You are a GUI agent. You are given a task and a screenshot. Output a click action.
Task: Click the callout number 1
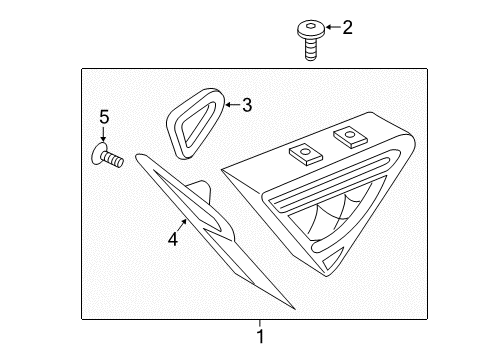tap(261, 336)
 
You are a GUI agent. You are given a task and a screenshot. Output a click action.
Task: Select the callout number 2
tap(347, 27)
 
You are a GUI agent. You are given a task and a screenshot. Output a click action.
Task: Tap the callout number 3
tap(247, 105)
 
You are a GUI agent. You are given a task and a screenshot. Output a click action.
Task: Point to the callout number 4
tap(173, 239)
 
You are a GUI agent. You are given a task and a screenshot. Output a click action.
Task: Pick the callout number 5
tap(104, 117)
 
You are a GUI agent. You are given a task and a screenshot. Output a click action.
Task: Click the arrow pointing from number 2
tap(333, 27)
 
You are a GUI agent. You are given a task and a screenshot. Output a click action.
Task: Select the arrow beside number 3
tap(233, 105)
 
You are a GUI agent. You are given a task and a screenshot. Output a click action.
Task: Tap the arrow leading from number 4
tap(182, 225)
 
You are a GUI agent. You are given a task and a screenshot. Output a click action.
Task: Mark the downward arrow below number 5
tap(104, 134)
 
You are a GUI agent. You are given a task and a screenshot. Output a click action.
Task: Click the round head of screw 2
tap(311, 29)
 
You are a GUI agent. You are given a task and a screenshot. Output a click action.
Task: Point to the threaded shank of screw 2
tap(310, 49)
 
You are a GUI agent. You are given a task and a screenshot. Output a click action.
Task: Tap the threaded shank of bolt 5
tap(113, 158)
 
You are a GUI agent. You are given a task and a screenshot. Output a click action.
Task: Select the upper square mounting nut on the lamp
tap(349, 136)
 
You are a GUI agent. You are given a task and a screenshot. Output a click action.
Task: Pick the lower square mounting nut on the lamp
tap(305, 154)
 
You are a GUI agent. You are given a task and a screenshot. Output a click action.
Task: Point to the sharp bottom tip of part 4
tap(295, 309)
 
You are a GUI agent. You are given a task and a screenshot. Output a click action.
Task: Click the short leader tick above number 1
tap(260, 323)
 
